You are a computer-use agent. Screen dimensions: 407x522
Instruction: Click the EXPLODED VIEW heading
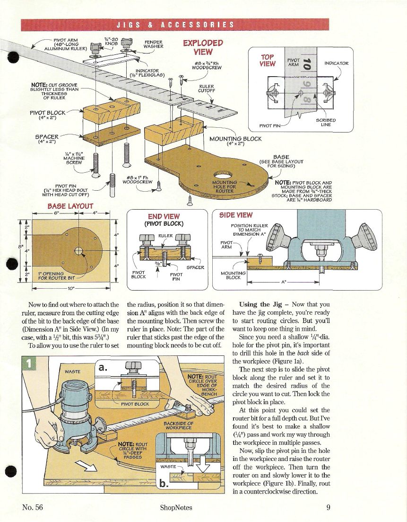point(203,47)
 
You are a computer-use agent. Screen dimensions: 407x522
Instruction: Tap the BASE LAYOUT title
point(70,206)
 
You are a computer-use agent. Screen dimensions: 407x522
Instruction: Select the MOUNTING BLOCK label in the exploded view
point(235,141)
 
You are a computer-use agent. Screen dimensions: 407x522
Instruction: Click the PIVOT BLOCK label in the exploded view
point(48,115)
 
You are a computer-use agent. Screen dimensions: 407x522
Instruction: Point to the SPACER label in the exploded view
point(47,139)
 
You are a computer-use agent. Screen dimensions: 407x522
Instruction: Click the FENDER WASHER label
point(153,44)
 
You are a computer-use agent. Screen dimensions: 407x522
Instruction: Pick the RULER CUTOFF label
point(207,88)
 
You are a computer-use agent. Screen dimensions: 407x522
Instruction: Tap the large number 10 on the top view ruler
point(307,64)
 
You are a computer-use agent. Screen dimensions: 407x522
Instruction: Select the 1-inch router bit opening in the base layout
point(79,250)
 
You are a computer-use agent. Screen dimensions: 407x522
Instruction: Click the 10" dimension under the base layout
point(71,288)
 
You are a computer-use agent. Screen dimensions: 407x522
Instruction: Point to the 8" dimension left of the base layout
point(20,247)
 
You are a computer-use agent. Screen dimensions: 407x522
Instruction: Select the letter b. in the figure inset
point(164,483)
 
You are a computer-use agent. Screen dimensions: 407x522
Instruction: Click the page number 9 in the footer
point(328,507)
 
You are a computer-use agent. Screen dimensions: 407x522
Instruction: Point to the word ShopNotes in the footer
point(176,507)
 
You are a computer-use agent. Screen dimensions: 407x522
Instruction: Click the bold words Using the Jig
point(260,304)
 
